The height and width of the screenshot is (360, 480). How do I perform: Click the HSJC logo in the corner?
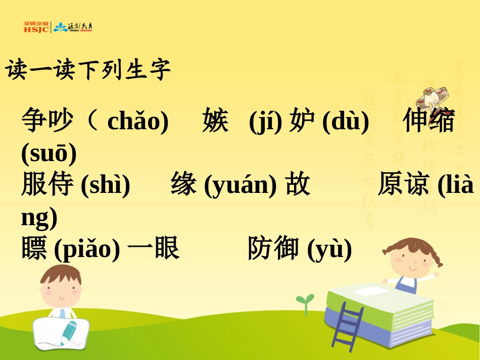click(36, 27)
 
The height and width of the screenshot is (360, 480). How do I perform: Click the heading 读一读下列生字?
click(88, 70)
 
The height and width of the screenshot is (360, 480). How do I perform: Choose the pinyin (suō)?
click(49, 153)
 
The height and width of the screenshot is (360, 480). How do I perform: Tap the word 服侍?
click(47, 184)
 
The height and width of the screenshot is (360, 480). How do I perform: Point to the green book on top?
click(379, 301)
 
